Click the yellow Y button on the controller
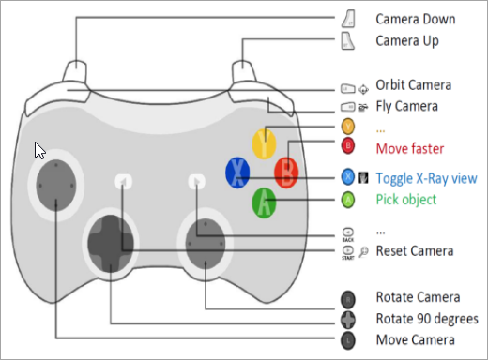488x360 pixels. (x=264, y=143)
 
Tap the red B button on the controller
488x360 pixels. (x=286, y=172)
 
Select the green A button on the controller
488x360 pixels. (x=264, y=202)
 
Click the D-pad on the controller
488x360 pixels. (x=111, y=244)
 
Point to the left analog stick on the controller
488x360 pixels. (x=56, y=186)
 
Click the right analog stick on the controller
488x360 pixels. (x=206, y=244)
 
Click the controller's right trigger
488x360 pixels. (x=244, y=71)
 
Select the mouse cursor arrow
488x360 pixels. (x=39, y=151)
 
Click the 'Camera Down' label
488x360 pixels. (x=416, y=19)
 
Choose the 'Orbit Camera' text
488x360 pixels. (x=414, y=85)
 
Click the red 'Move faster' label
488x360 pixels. (x=410, y=148)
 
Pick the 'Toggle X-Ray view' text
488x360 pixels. (x=427, y=178)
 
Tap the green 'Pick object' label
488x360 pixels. (x=406, y=200)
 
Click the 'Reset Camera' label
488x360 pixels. (x=415, y=251)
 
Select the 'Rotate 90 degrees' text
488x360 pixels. (x=427, y=319)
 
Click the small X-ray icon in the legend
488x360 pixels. (x=363, y=177)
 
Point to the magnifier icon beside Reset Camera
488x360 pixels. (x=363, y=251)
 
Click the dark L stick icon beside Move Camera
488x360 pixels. (x=348, y=340)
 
